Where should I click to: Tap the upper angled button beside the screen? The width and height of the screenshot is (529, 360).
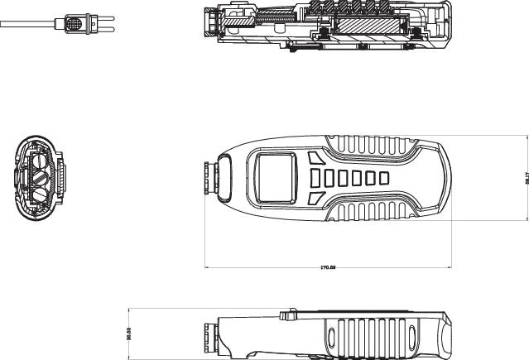(x=314, y=157)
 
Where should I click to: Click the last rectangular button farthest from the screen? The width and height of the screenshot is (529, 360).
(x=383, y=177)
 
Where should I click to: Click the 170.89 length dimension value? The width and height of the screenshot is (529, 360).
(x=328, y=269)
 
